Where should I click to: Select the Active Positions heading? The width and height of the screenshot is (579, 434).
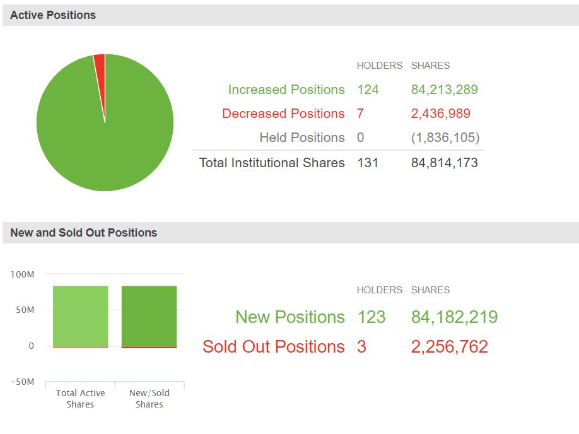(x=53, y=15)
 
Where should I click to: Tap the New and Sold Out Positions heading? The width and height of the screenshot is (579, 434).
(x=83, y=233)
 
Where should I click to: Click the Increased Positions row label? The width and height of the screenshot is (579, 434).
(x=286, y=90)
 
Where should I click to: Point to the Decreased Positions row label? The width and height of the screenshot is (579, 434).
(x=283, y=114)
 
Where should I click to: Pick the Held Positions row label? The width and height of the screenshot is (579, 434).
(x=302, y=138)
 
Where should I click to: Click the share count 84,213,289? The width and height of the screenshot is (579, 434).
(x=444, y=90)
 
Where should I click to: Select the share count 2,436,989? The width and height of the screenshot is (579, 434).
(x=440, y=114)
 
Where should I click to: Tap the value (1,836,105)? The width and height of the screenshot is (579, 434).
(x=445, y=138)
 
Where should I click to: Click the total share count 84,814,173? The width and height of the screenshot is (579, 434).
(x=444, y=163)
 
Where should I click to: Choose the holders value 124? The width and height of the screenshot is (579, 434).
(x=368, y=90)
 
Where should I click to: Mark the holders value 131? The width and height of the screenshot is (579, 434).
(x=368, y=163)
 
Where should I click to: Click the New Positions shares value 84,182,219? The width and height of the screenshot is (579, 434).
(x=454, y=317)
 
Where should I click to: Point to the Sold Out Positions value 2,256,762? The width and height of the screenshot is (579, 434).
(x=449, y=346)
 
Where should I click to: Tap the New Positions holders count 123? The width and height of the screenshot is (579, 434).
(x=371, y=317)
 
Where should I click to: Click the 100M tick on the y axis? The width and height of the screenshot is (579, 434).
(x=22, y=274)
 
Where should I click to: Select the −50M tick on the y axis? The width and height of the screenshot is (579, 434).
(x=22, y=382)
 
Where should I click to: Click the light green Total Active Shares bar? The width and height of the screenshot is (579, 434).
(x=80, y=315)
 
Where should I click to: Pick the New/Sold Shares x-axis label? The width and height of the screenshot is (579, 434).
(x=149, y=399)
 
